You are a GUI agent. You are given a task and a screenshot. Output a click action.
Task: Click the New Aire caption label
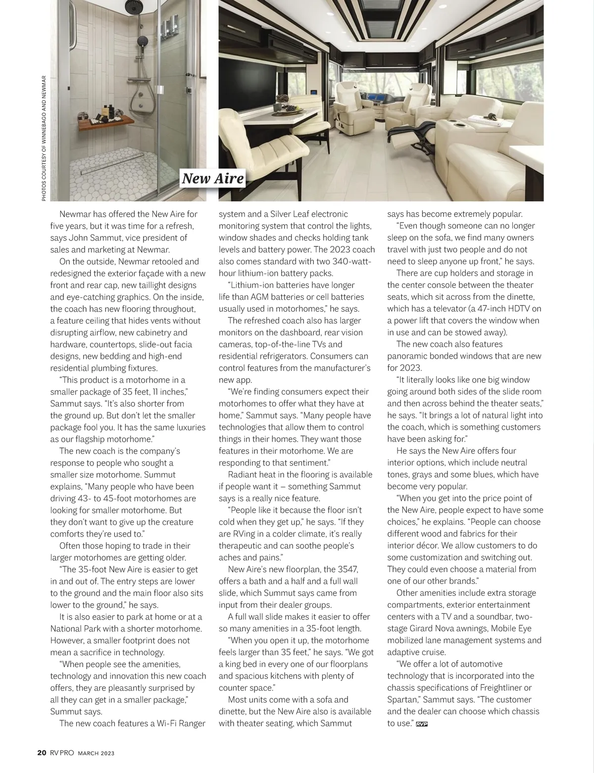tap(213, 178)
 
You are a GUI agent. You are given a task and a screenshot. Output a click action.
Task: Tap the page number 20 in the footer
tap(42, 753)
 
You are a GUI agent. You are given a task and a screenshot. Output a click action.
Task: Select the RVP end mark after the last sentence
tap(422, 724)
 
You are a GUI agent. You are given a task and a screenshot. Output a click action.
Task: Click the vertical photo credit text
tap(44, 138)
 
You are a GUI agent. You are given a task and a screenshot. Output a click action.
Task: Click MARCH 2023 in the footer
tap(97, 753)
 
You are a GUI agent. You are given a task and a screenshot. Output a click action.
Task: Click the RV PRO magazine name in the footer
tap(62, 753)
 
